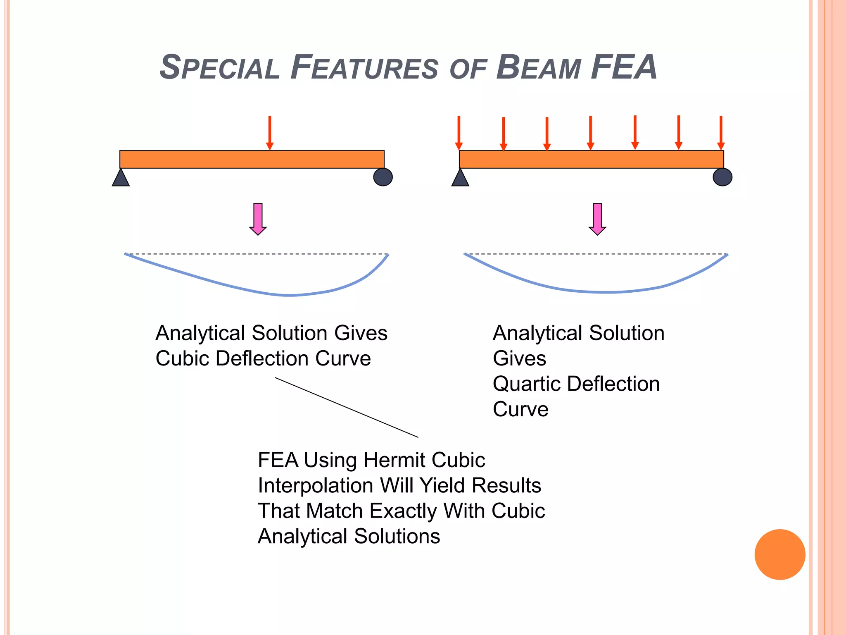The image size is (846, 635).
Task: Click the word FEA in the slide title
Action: [x=624, y=67]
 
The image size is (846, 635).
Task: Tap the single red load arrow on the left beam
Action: [x=270, y=133]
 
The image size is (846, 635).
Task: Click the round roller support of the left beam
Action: [x=383, y=177]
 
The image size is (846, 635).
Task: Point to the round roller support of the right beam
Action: [x=722, y=177]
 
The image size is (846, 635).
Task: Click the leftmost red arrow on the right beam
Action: [x=459, y=133]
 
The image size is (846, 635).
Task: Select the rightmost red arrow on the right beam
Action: [x=721, y=133]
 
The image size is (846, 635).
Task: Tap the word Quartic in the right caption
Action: [x=527, y=384]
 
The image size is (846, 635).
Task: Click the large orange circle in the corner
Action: [x=780, y=554]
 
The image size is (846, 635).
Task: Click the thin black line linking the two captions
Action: [x=347, y=408]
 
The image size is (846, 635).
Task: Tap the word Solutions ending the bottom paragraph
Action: [x=397, y=536]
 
